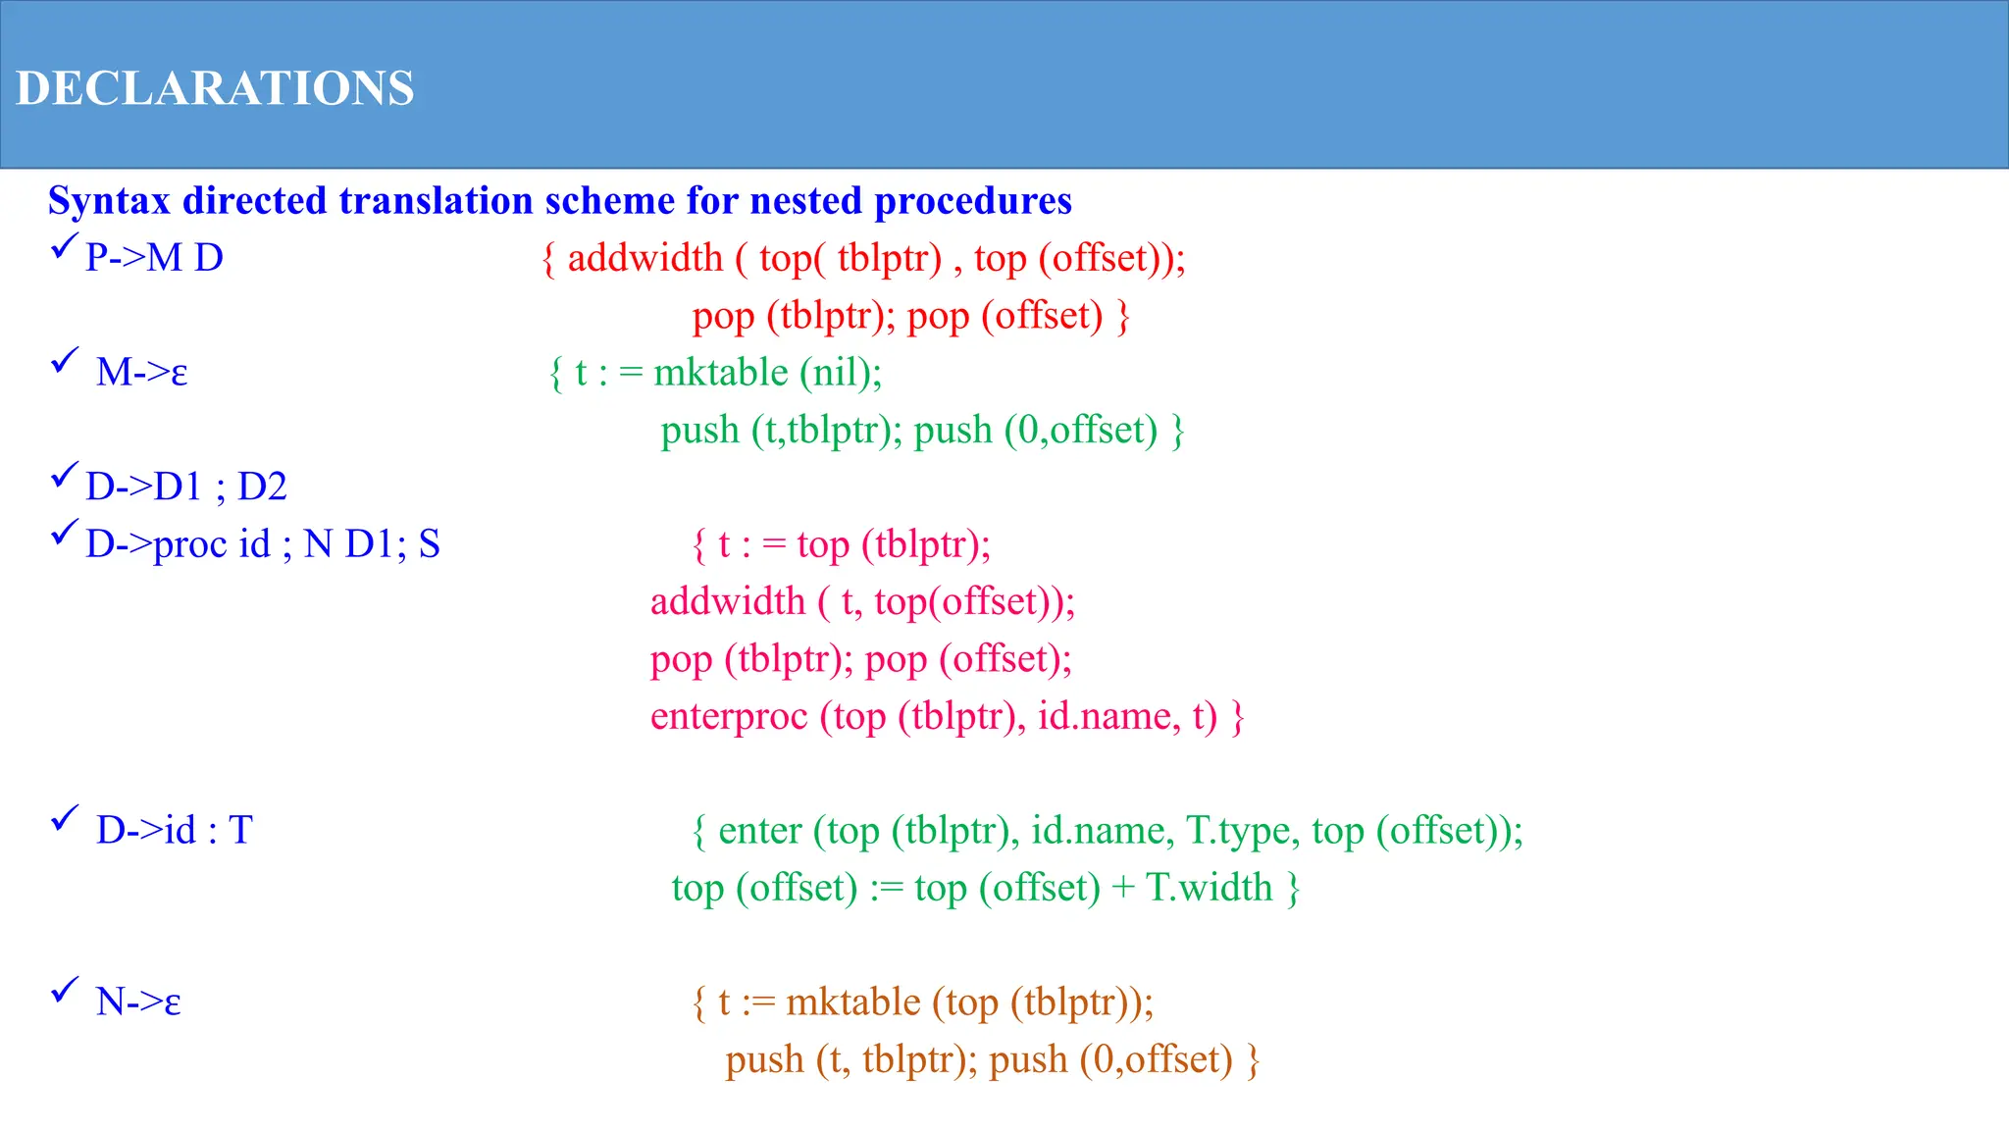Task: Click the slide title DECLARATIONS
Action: tap(215, 88)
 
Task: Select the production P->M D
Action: tap(154, 258)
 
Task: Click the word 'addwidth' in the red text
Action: tap(644, 258)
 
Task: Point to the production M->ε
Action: tap(141, 373)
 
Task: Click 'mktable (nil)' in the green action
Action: tap(767, 373)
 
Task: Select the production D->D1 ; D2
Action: tap(185, 488)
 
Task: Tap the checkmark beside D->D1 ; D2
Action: tap(64, 476)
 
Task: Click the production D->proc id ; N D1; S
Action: tap(262, 544)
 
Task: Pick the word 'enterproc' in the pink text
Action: tap(729, 716)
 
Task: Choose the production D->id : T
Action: tap(174, 831)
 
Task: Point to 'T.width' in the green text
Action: tap(1209, 888)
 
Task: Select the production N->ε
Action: tap(138, 1002)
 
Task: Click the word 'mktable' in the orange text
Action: tap(852, 1002)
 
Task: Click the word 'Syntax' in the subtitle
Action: tap(109, 201)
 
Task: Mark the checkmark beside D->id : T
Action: tap(64, 818)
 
